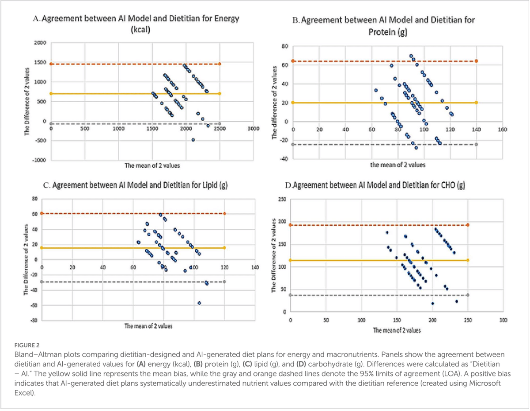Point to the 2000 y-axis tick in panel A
click(40, 43)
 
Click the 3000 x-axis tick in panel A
click(253, 129)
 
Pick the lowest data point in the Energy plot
click(193, 140)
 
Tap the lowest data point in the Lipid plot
click(199, 303)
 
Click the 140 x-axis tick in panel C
click(255, 268)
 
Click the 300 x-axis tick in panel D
click(503, 319)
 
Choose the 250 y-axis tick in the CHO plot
click(281, 200)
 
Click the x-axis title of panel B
click(397, 165)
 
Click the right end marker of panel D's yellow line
click(468, 260)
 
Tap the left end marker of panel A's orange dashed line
click(51, 64)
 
